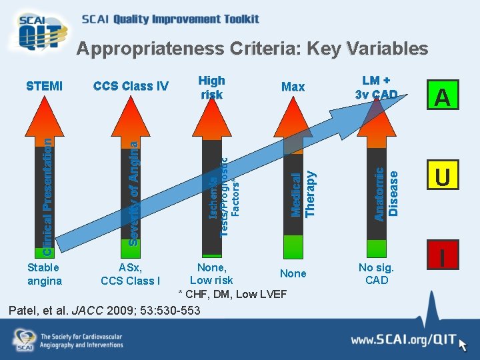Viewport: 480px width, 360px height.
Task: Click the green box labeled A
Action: click(443, 98)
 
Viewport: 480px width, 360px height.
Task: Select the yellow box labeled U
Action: click(443, 177)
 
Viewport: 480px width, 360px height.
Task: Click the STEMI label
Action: click(45, 86)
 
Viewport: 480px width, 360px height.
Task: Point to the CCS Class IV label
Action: click(131, 86)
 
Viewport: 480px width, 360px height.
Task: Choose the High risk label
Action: click(212, 87)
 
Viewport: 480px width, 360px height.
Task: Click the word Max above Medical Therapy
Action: click(293, 87)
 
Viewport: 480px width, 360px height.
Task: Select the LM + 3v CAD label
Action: click(377, 87)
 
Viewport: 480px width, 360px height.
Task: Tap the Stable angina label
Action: click(44, 274)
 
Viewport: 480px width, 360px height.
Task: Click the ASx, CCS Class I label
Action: click(131, 274)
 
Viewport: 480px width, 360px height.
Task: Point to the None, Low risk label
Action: click(211, 274)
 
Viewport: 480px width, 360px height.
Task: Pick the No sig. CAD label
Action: click(377, 274)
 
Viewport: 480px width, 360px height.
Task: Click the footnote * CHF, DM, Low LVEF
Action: click(232, 294)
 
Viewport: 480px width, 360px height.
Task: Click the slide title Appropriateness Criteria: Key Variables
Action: click(251, 49)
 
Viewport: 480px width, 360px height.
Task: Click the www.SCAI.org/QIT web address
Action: click(403, 341)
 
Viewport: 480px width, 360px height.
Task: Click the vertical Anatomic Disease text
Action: click(386, 195)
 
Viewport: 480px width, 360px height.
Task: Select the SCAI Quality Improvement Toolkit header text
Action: click(170, 19)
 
